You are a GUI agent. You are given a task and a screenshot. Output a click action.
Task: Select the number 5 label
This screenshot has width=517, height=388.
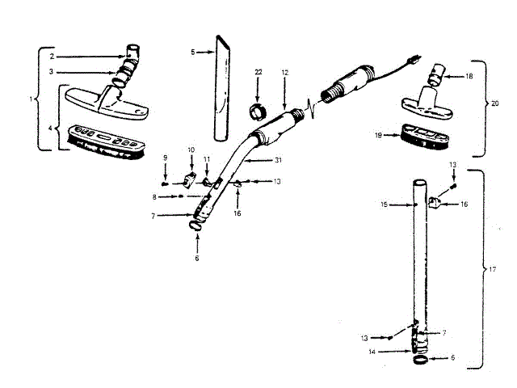(192, 52)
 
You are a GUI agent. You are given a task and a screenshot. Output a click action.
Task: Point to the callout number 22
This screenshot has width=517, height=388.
(258, 73)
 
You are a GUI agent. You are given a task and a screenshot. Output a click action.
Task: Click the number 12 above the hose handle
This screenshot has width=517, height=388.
(284, 73)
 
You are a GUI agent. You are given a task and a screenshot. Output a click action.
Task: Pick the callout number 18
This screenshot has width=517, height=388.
(469, 76)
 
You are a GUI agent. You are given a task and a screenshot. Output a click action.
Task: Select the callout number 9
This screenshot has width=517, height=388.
(165, 157)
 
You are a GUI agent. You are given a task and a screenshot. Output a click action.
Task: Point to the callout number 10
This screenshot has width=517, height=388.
(191, 150)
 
